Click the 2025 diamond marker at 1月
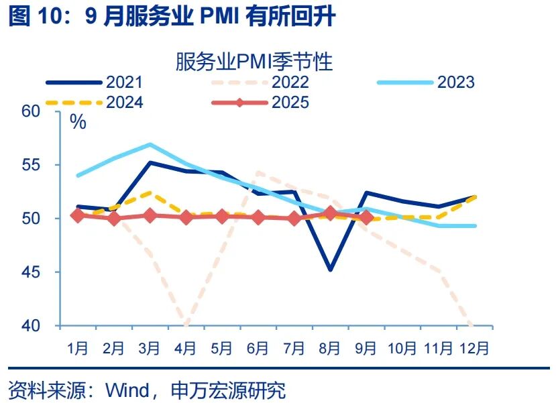78,215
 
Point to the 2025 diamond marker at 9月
366,217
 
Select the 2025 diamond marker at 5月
222,216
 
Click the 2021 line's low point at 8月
330,270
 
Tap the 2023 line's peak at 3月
150,144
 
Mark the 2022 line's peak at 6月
258,172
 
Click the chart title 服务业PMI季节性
254,62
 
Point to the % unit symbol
78,122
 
